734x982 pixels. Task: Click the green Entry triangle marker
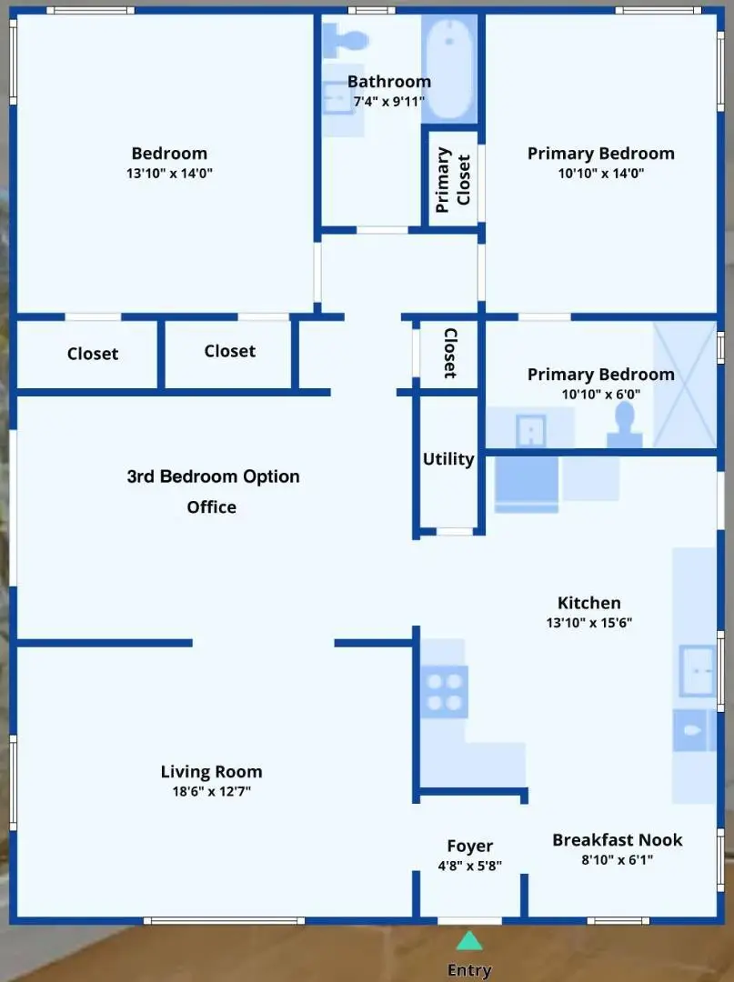[x=468, y=940]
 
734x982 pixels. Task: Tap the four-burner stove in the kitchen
[x=444, y=692]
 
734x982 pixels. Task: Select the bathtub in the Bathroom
[x=449, y=71]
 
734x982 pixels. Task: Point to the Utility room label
[x=447, y=459]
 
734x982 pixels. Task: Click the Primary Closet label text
[x=453, y=179]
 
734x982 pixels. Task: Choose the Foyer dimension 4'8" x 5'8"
[x=469, y=867]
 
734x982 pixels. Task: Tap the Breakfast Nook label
[x=617, y=839]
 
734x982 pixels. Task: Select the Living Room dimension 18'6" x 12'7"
[x=211, y=791]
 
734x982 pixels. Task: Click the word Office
[x=211, y=507]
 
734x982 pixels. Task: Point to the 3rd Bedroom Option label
[x=213, y=476]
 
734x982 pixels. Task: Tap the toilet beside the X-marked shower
[x=624, y=422]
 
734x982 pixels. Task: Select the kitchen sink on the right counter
[x=698, y=670]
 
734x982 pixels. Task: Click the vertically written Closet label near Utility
[x=449, y=353]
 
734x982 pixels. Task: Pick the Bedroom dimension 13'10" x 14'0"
[x=169, y=173]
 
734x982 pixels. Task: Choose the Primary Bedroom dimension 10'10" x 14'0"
[x=600, y=173]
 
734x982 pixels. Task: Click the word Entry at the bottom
[x=469, y=970]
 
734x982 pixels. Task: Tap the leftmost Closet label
[x=93, y=354]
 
